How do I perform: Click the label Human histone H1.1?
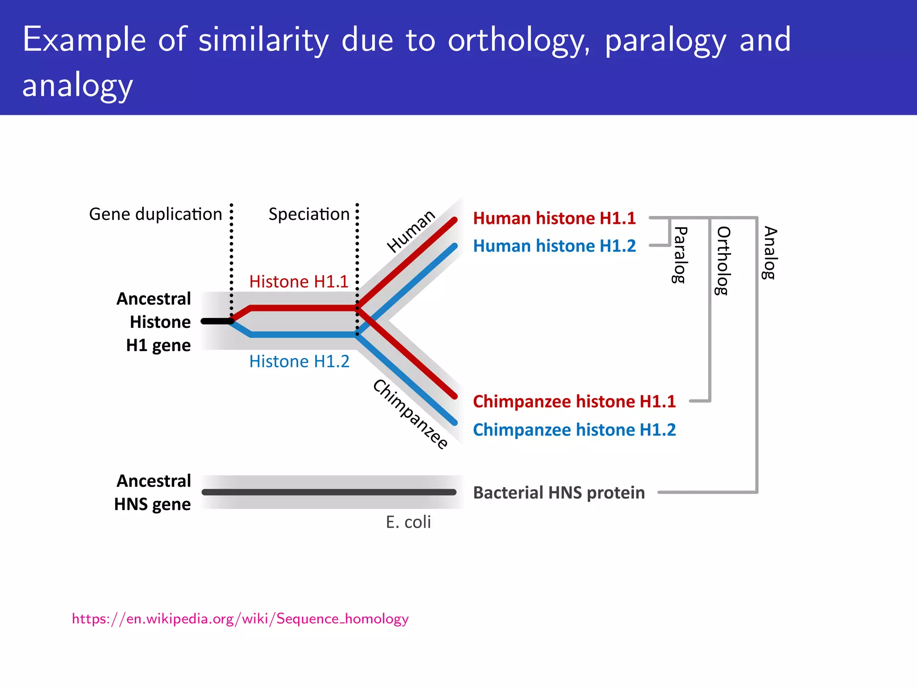click(x=554, y=218)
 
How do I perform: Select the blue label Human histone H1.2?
click(x=554, y=246)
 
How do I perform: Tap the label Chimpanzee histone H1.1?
click(x=574, y=401)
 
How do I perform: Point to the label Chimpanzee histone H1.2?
click(x=574, y=430)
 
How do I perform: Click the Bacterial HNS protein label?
click(x=559, y=493)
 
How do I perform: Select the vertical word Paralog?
click(x=679, y=255)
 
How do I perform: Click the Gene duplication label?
click(x=155, y=214)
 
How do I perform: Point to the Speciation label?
click(x=309, y=214)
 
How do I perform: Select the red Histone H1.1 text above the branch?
click(x=299, y=282)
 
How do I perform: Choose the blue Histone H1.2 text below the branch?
click(x=299, y=361)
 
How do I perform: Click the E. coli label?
click(x=408, y=522)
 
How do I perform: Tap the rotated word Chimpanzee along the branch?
click(x=410, y=414)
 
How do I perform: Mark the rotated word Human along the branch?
click(x=411, y=231)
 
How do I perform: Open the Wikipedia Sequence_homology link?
click(x=240, y=619)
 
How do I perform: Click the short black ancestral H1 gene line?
click(x=216, y=321)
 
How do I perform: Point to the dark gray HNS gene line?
click(x=329, y=492)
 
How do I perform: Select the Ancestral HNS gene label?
click(x=153, y=492)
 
